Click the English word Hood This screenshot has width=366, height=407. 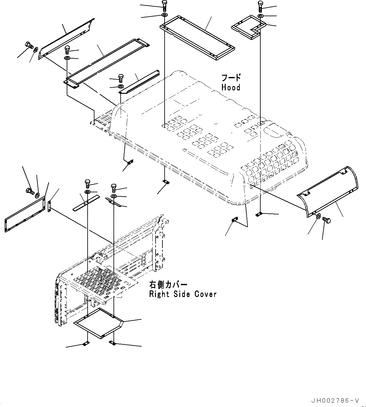coord(231,88)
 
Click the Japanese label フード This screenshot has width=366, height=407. coord(231,78)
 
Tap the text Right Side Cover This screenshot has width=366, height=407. coord(183,294)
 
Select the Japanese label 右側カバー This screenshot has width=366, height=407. coord(168,285)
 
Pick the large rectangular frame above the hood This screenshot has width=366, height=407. coord(197,37)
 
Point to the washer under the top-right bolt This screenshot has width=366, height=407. coord(261,16)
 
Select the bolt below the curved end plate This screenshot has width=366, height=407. coord(327,220)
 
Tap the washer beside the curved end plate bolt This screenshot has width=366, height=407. coord(318,216)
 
